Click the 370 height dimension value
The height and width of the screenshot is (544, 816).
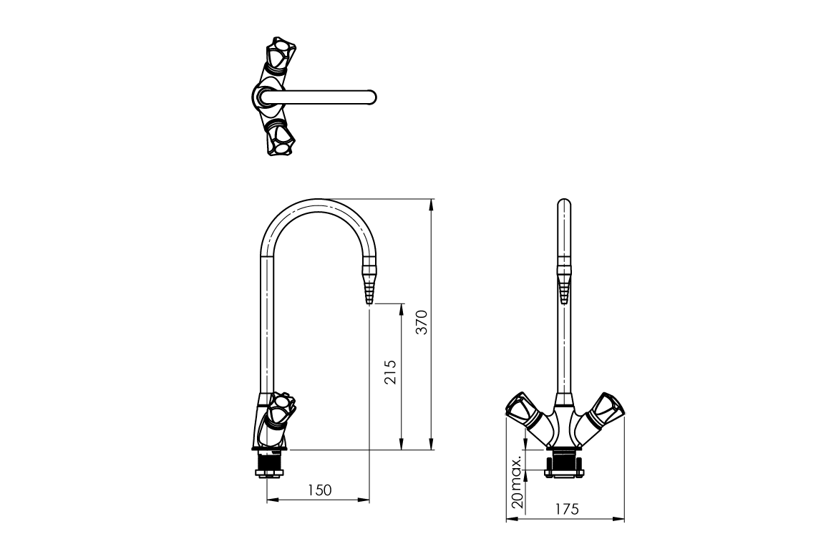(x=422, y=324)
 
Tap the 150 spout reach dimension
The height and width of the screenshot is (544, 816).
(x=319, y=490)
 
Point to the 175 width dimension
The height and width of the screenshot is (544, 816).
(x=566, y=509)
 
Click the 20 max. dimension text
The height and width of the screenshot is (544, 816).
(x=517, y=481)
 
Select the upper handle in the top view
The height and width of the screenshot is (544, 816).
(x=278, y=56)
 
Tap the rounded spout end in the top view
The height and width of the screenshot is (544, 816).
(x=371, y=97)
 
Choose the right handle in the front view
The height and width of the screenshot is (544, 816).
(x=608, y=408)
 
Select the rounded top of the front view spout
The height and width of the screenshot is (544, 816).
(x=565, y=205)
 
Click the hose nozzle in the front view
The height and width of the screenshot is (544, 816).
(x=565, y=286)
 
